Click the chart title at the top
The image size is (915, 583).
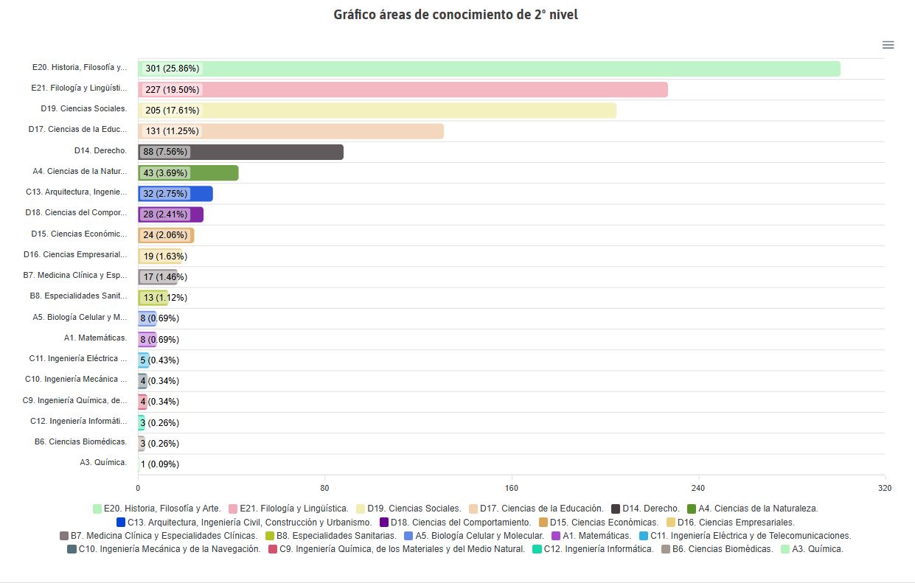pos(456,15)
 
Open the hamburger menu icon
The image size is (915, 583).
pos(888,45)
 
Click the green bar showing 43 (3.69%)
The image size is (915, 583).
pos(214,173)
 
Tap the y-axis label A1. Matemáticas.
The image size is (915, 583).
pos(95,338)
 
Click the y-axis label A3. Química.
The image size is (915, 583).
pos(103,463)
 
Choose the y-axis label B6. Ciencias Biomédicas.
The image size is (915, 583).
pos(80,442)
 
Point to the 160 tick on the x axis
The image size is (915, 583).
pos(512,489)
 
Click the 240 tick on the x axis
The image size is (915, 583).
pos(698,489)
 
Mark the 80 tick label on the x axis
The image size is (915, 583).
pos(324,489)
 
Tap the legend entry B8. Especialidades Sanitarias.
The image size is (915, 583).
pos(335,536)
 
